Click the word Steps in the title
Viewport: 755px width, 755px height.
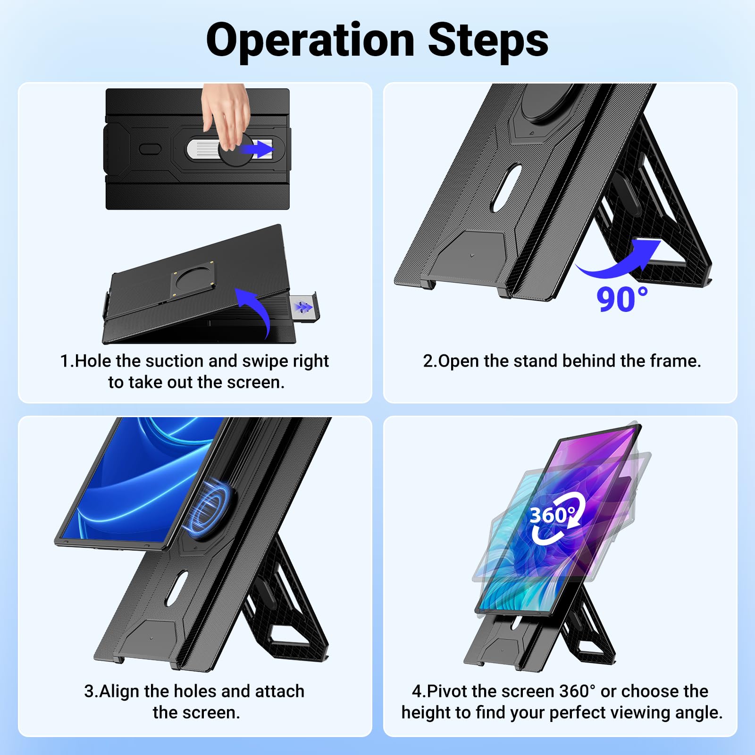(488, 40)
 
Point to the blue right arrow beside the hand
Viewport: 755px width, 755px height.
(257, 149)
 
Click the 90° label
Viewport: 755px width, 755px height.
(622, 299)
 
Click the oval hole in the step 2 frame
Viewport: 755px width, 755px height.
(506, 188)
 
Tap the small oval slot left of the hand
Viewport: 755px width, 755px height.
(150, 149)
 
